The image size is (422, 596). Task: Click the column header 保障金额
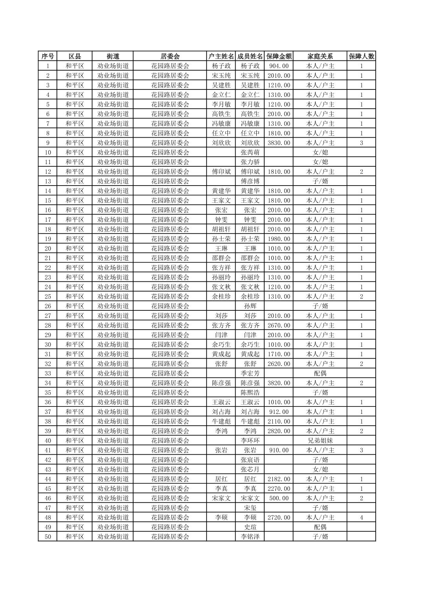pos(279,56)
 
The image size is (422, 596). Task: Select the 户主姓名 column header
pos(221,56)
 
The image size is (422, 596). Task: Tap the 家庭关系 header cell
pos(320,56)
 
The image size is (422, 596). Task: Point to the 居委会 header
pos(170,56)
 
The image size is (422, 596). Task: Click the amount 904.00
pos(279,66)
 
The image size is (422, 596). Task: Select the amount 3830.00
pos(279,143)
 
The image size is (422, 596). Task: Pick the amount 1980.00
pos(279,239)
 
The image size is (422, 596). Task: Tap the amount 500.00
pos(279,498)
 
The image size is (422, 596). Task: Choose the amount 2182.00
pos(279,479)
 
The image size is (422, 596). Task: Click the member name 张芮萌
pos(250,152)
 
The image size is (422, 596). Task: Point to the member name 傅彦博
pos(250,181)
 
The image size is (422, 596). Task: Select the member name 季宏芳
pos(250,373)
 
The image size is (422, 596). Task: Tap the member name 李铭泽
pos(250,537)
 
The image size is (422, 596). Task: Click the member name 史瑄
pos(250,527)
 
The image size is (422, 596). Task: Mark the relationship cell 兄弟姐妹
pos(320,441)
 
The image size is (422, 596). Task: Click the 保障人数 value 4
pos(361,518)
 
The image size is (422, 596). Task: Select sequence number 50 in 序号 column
pos(48,537)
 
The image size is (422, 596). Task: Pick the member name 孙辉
pos(250,306)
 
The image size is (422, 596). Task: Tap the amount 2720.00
pos(279,518)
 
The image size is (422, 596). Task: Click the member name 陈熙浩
pos(250,392)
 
